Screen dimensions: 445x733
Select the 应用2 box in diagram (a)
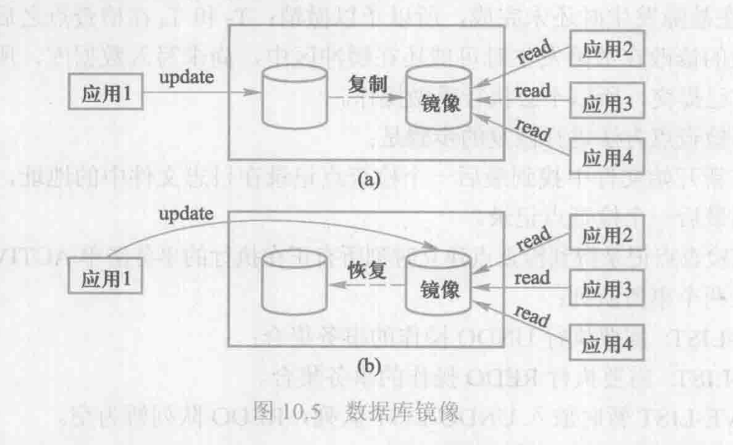click(x=607, y=49)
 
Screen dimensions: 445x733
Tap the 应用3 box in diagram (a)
click(x=607, y=106)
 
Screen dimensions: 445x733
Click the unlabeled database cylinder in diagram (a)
click(x=294, y=99)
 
